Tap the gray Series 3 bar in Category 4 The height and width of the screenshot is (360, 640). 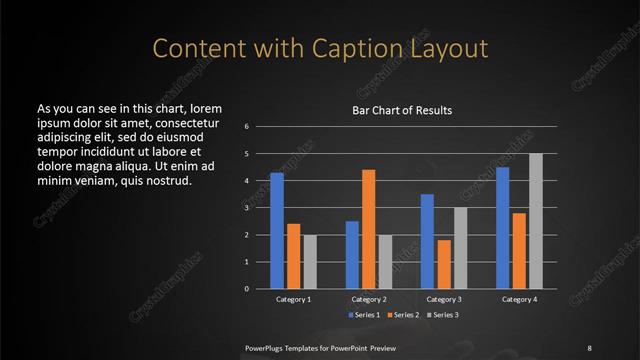click(536, 221)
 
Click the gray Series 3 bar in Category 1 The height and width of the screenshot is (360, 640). click(310, 262)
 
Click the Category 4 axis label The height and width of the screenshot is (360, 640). click(518, 299)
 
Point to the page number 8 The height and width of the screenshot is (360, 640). click(589, 347)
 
